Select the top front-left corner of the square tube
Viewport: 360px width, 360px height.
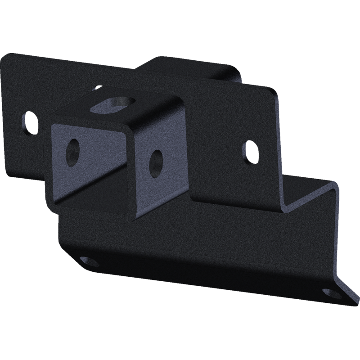pyautogui.click(x=52, y=118)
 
